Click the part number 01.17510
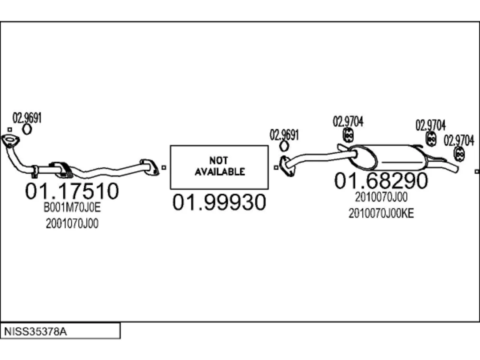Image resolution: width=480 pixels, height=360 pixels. pos(72,191)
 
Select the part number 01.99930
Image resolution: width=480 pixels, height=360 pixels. pos(219,202)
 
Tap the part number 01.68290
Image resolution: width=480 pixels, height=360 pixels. pos(381,180)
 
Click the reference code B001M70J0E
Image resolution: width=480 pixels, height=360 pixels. pos(72,207)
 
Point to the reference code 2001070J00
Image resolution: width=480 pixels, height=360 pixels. pos(72,223)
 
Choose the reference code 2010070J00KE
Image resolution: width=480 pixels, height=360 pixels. pos(381,213)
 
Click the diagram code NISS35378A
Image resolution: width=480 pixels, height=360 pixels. pos(35,331)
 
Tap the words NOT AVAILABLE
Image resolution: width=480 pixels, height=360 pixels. pos(219,166)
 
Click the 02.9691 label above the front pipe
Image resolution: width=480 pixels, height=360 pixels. pos(27,118)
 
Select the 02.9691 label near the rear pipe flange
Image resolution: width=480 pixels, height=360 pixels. pos(284,135)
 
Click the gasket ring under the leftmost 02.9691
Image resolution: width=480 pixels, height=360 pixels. pos(27,129)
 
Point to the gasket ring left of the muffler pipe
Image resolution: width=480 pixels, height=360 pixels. pos(284,146)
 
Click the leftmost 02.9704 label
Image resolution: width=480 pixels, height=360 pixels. pos(348,121)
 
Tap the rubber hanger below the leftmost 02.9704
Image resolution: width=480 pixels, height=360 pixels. pos(348,135)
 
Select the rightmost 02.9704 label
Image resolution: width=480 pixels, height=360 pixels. pos(459,141)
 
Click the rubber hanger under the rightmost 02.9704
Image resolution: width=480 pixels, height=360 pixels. pos(459,154)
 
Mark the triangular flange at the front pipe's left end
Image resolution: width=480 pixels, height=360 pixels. pos(10,141)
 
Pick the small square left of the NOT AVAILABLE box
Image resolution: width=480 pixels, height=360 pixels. pos(164,168)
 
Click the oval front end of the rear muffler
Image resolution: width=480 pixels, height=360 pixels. pos(363,158)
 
